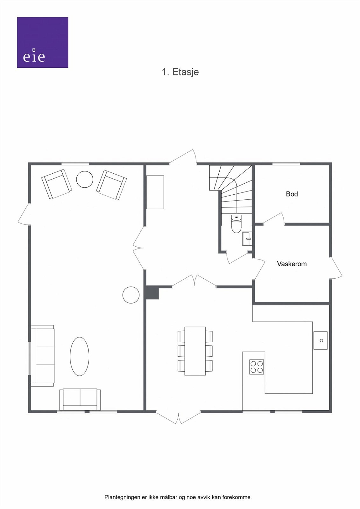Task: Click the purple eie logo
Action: (42, 42)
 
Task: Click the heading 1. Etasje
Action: (180, 72)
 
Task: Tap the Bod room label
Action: (292, 194)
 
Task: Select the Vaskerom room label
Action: (292, 264)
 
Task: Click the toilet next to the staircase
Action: (236, 224)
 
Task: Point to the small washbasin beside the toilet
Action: (247, 239)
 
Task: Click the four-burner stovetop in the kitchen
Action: (256, 367)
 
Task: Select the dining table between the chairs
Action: (195, 351)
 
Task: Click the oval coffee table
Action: (79, 356)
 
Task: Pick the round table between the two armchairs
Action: (85, 179)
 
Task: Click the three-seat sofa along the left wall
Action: (43, 356)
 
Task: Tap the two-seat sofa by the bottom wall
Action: (80, 399)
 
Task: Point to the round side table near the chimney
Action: (131, 295)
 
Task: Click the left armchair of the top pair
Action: (57, 184)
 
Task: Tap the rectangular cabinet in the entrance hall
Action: (155, 192)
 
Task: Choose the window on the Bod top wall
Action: (286, 164)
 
